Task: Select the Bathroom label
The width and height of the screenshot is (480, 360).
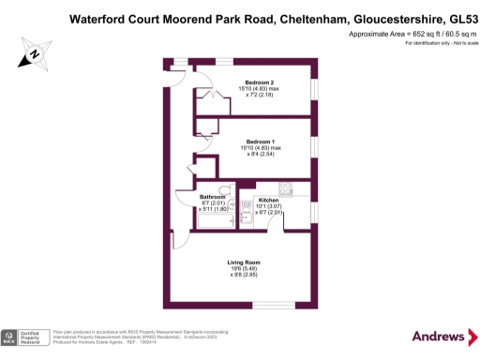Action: click(213, 196)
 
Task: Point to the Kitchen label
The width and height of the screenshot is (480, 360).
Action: click(269, 201)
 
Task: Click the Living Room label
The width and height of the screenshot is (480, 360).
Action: click(244, 262)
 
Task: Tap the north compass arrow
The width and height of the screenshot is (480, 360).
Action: click(34, 54)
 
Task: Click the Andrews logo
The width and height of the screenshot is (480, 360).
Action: click(437, 336)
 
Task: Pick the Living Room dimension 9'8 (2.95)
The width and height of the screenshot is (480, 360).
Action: click(244, 275)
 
